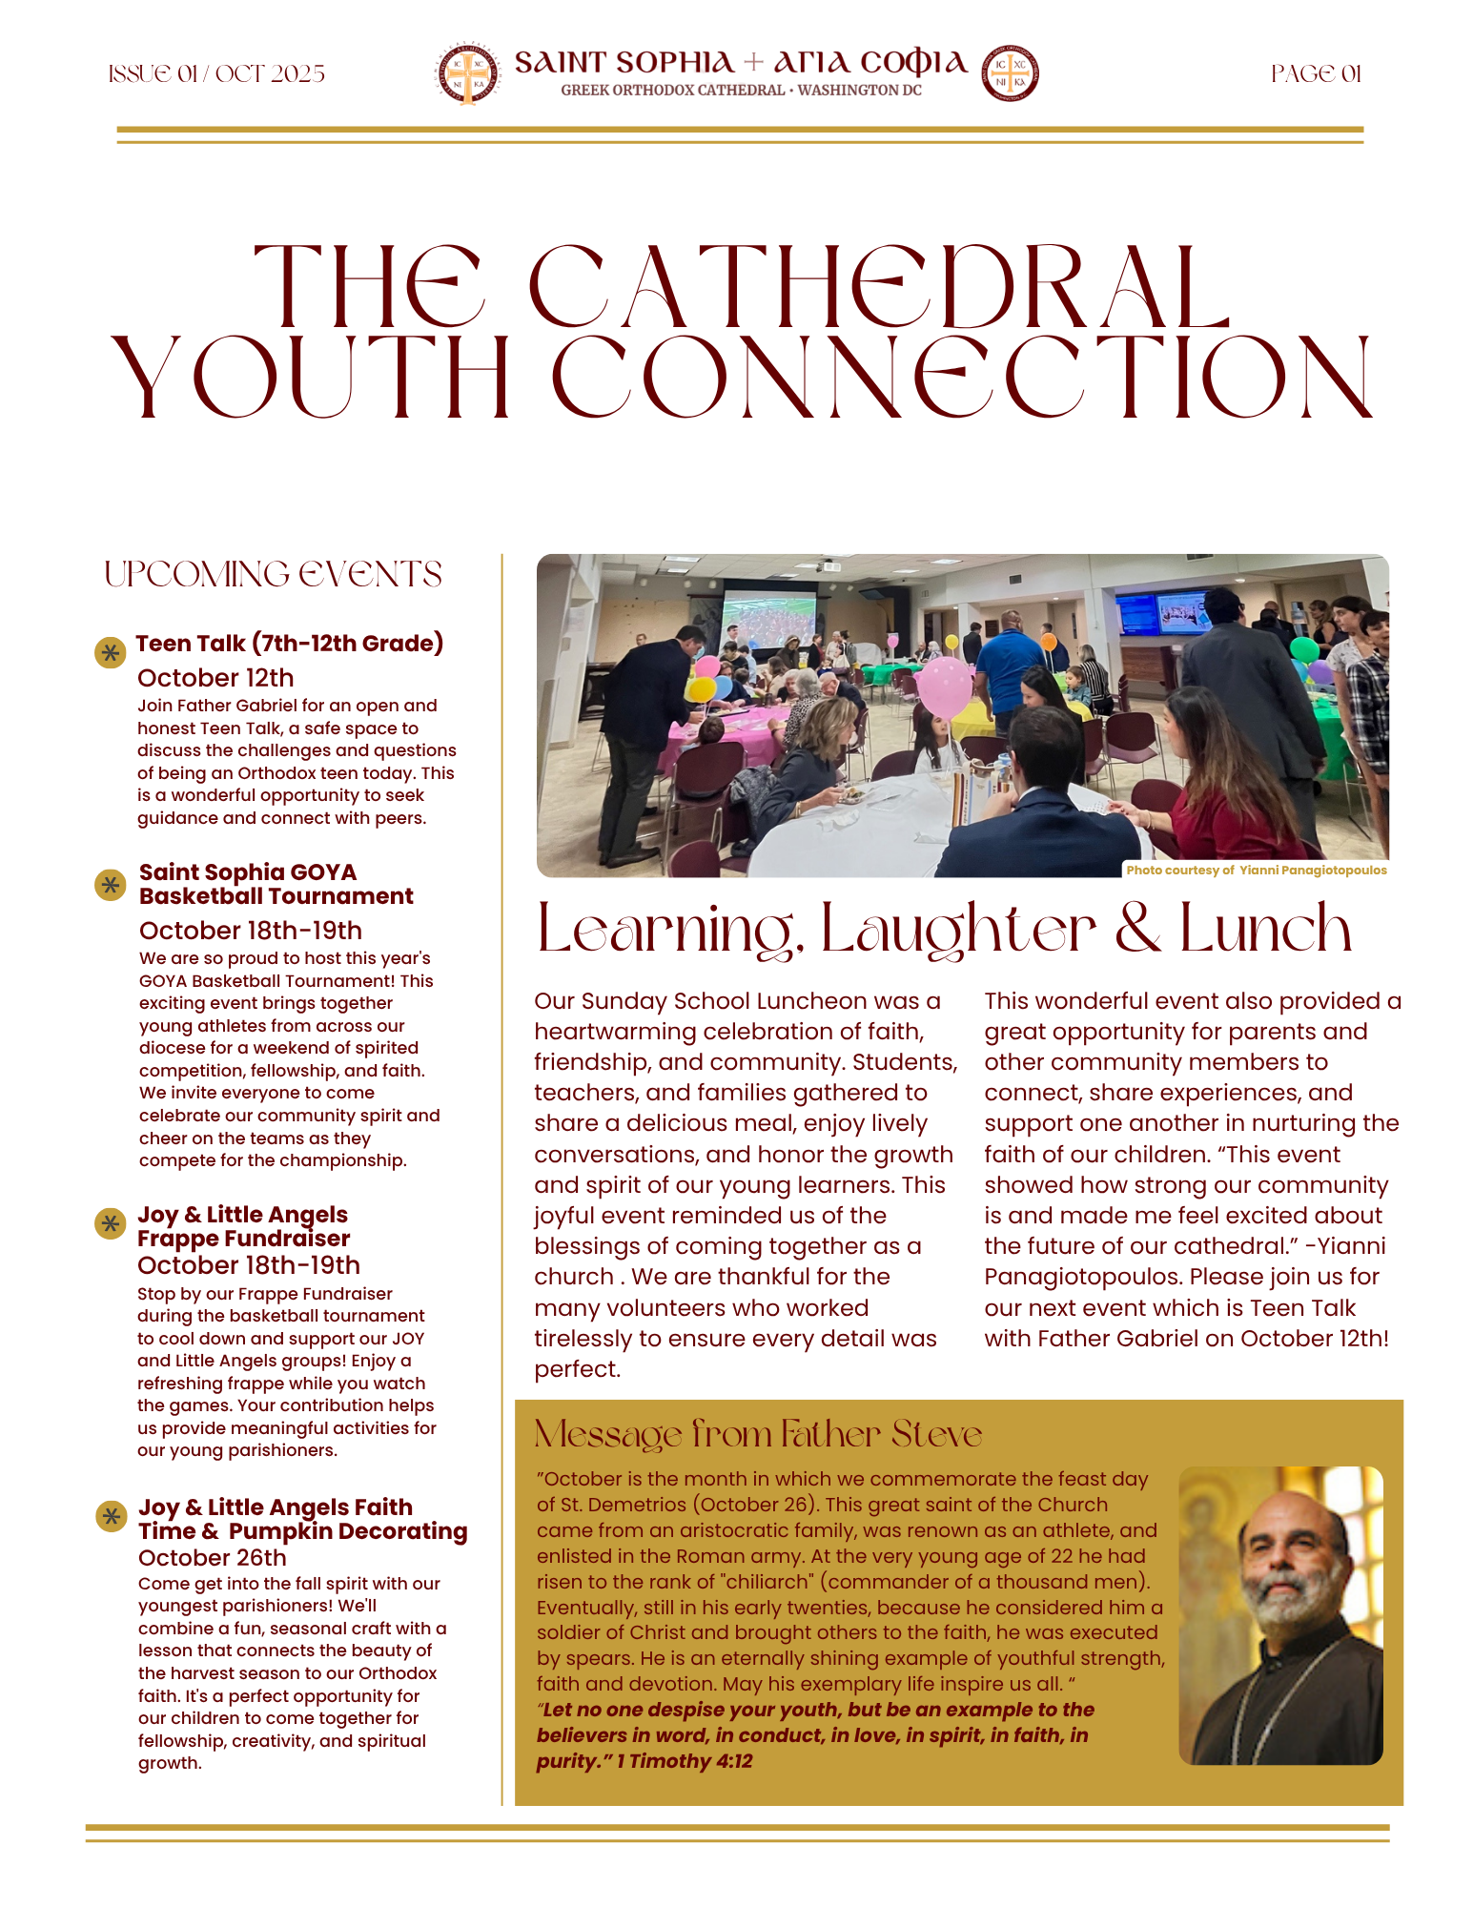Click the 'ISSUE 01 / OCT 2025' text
216,74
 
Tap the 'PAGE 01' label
1316,74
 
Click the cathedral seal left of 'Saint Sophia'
468,73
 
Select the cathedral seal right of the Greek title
1010,73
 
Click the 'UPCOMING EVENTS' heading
273,575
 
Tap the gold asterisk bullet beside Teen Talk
111,652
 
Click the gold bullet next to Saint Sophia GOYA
111,885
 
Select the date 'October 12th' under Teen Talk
215,678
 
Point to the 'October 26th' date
212,1557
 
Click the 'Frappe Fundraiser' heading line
243,1239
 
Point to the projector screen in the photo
768,621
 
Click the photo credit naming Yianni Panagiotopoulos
1256,870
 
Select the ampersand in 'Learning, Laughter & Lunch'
1137,929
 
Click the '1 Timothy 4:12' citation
684,1761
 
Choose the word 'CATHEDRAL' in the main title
879,288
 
